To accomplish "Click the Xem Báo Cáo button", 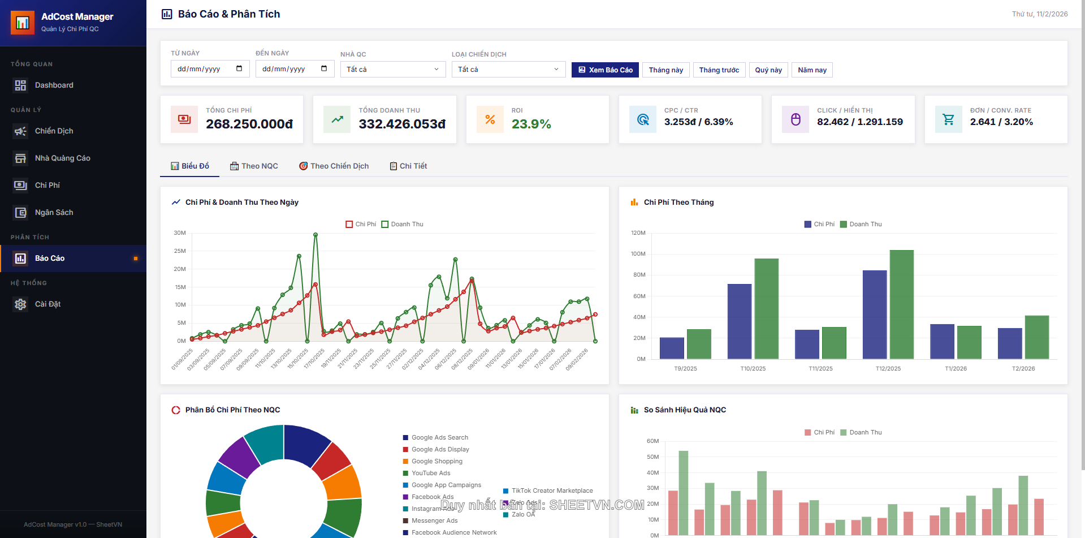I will (x=605, y=70).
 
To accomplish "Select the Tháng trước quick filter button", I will (x=719, y=70).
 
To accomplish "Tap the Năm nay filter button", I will (x=812, y=70).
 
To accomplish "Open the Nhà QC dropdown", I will (x=392, y=69).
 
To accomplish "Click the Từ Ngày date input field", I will (x=210, y=69).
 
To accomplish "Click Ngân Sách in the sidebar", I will (x=54, y=212).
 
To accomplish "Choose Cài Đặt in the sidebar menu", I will (x=47, y=304).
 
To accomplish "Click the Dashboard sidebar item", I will (x=54, y=85).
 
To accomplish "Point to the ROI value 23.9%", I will (x=531, y=124).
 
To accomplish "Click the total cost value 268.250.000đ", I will (x=249, y=124).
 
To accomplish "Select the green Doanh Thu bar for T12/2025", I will (x=901, y=304).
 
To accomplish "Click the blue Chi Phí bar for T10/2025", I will (x=739, y=321).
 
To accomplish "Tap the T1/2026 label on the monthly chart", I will (x=956, y=368).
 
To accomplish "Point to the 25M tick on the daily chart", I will (x=180, y=251).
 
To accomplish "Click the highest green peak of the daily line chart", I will (x=315, y=234).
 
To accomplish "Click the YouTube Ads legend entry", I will (x=430, y=473).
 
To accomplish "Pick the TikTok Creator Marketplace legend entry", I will (x=551, y=490).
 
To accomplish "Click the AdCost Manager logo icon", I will (x=23, y=23).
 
